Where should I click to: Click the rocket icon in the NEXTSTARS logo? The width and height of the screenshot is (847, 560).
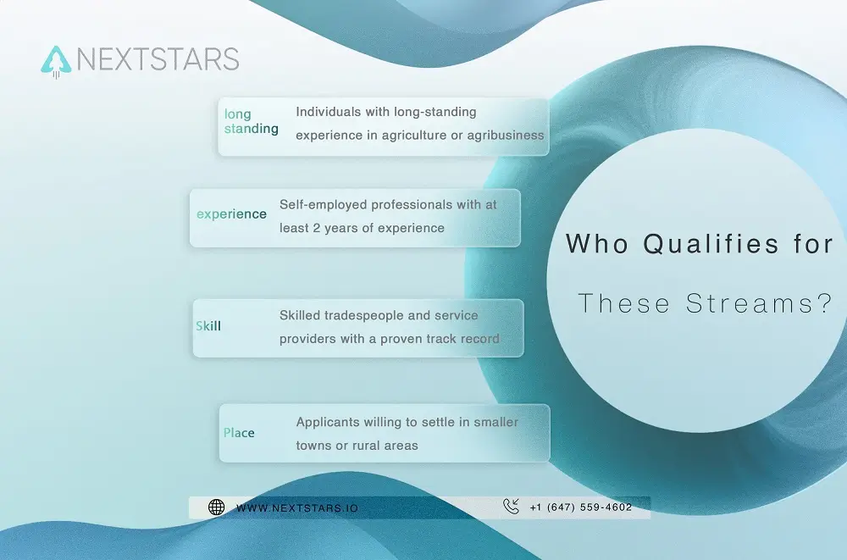coord(56,61)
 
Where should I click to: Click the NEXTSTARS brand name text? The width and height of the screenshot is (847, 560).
coord(158,59)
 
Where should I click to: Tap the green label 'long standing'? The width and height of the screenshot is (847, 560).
coord(252,121)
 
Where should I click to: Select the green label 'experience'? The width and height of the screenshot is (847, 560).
coord(231,214)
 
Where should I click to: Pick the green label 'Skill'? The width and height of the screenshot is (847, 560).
coord(208,326)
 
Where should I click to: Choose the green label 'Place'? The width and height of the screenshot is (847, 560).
coord(239,433)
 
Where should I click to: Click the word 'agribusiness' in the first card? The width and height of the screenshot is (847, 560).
coord(506,136)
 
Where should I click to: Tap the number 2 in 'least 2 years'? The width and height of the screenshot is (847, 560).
coord(316,228)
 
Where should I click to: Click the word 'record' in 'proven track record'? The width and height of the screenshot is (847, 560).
coord(480,339)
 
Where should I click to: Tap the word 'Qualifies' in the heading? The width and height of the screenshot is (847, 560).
coord(711,244)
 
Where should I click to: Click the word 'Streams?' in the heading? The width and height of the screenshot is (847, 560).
coord(759,302)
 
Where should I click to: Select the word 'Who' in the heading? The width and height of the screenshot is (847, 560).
coord(597,243)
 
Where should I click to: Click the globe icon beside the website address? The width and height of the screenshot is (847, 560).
coord(217,507)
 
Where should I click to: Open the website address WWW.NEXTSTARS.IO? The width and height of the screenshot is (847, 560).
coord(297,508)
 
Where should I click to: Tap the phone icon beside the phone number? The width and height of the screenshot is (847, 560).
coord(511,506)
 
